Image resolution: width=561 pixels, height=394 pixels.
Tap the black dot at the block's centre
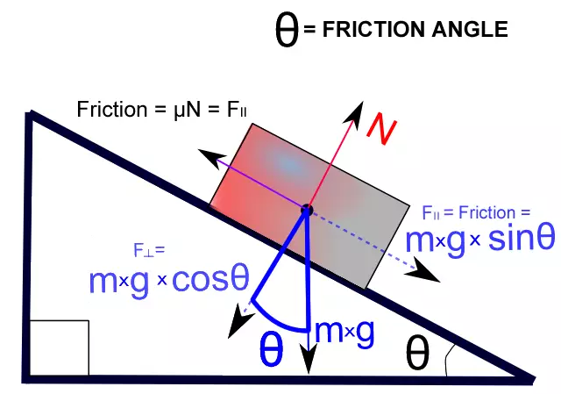point(307,211)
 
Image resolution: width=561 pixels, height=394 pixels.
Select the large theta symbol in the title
point(287,30)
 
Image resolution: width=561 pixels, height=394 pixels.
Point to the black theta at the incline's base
point(418,354)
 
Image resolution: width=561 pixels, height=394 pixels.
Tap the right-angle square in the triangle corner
point(60,348)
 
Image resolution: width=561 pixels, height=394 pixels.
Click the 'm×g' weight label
point(344,332)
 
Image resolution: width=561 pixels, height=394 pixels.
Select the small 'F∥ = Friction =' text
point(476,212)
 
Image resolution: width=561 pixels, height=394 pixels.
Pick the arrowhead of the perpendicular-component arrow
point(238,324)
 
